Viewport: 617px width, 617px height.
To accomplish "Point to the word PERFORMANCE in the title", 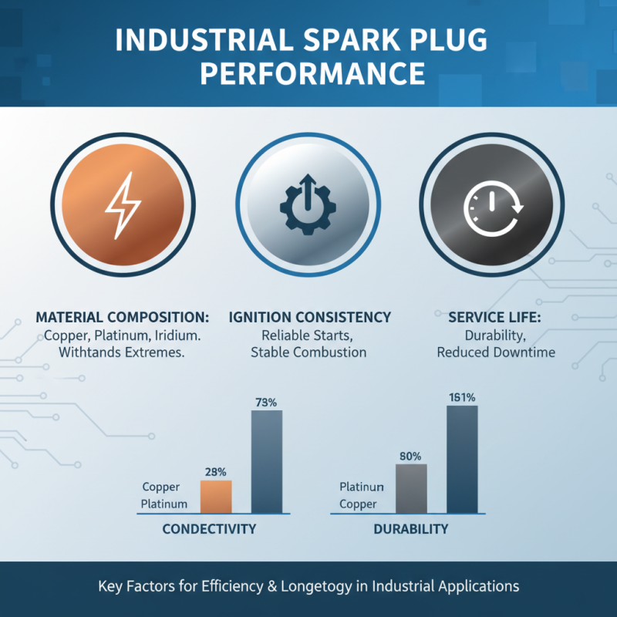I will (308, 74).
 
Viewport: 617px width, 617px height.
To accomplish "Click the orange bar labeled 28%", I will (216, 497).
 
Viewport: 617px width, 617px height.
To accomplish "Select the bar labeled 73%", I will (267, 461).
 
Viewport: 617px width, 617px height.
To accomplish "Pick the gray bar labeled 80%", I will (411, 488).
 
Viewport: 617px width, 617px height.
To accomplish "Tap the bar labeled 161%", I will (462, 459).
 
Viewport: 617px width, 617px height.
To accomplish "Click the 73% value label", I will (266, 402).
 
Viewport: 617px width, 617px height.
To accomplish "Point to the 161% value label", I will (462, 397).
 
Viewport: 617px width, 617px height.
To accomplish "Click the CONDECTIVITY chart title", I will (209, 530).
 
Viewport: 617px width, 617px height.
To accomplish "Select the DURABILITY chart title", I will (410, 530).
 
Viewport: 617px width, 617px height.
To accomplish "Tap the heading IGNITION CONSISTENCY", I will (309, 318).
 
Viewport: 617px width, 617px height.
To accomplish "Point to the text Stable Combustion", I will (308, 352).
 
